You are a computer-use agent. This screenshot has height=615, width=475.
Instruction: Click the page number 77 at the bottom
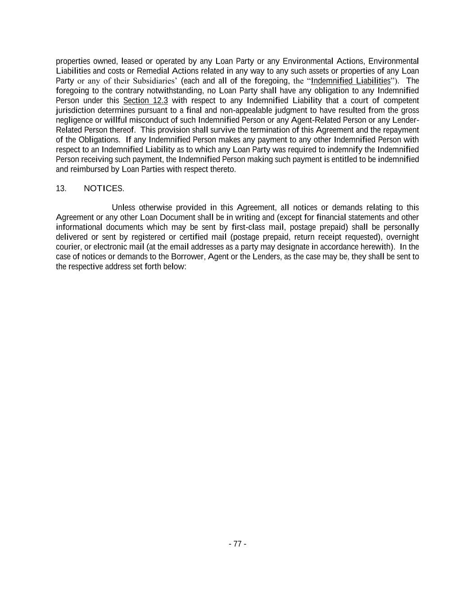click(237, 544)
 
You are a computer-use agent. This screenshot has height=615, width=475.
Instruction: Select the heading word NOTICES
click(104, 188)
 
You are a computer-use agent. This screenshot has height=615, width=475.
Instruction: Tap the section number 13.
click(61, 188)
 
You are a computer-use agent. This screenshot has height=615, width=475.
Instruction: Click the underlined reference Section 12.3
click(145, 100)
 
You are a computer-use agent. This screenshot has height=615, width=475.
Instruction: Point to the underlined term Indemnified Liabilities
click(351, 81)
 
